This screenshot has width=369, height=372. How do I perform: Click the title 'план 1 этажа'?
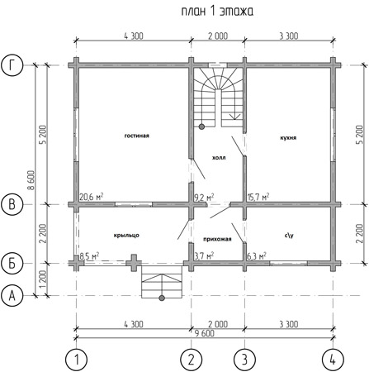[x=217, y=12]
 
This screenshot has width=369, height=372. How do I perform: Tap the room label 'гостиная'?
[x=137, y=136]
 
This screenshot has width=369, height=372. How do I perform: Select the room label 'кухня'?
[x=288, y=137]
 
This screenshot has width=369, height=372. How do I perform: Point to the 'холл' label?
[x=219, y=158]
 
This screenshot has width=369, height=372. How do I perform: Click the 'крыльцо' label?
[x=126, y=236]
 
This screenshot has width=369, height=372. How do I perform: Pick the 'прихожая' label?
[x=217, y=239]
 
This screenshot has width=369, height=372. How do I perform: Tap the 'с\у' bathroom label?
[x=289, y=236]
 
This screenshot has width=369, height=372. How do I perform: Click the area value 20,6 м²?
[x=92, y=197]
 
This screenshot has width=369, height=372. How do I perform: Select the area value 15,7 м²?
[x=258, y=197]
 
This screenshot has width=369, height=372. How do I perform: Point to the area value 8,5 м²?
[x=89, y=255]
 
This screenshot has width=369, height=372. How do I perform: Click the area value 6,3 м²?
[x=257, y=256]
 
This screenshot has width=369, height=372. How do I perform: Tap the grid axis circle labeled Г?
[x=12, y=65]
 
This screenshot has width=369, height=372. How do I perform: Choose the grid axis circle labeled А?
[x=12, y=296]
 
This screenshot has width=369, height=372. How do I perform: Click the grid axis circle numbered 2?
[x=192, y=360]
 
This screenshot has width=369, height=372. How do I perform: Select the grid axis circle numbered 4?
[x=333, y=360]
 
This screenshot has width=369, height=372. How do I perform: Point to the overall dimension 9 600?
[x=205, y=333]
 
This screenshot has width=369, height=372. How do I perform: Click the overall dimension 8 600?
[x=31, y=180]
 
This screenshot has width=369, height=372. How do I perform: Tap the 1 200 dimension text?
[x=43, y=279]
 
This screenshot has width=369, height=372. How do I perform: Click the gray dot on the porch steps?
[x=162, y=298]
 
